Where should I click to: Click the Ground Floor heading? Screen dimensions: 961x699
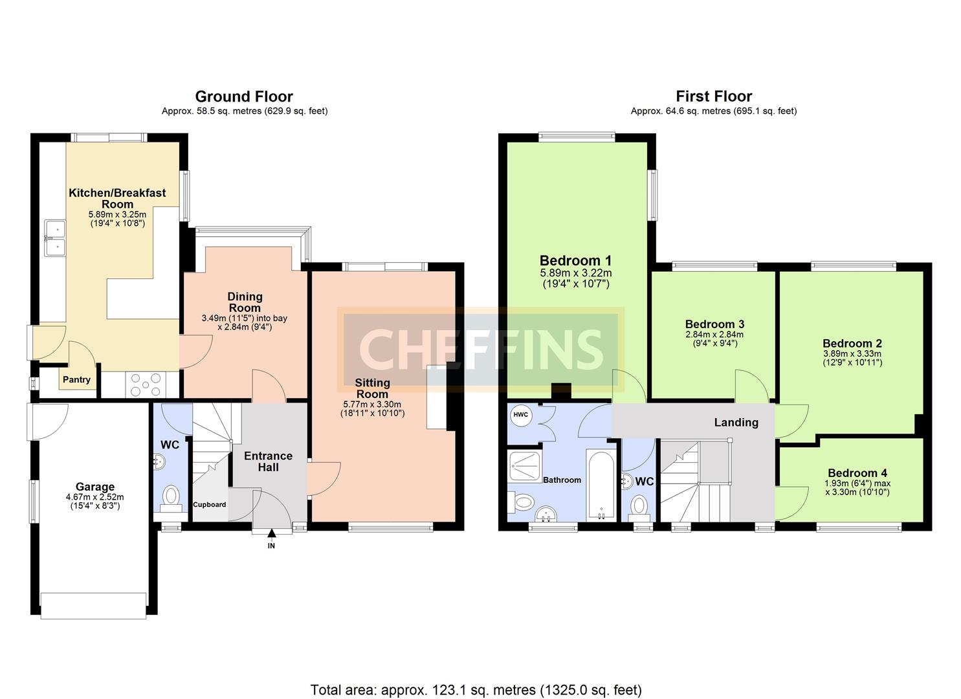coord(244,96)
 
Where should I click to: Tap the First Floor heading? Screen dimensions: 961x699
coord(714,96)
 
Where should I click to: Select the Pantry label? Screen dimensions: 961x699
coord(76,379)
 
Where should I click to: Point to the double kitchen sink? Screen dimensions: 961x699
coord(56,238)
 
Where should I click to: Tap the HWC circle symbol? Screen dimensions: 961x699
coord(521,415)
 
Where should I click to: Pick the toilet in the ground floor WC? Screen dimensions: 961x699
coord(171,500)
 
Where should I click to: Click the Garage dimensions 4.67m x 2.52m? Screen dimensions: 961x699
coord(95,497)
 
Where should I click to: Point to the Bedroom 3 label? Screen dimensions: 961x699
coord(714,324)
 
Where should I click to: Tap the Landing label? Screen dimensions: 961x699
coord(736,423)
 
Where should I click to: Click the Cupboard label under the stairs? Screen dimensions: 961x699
coord(210,505)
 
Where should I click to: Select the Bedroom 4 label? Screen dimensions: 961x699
coord(857,473)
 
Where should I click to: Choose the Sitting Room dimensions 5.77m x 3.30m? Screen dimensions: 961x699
coord(372,405)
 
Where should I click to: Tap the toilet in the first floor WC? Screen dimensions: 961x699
coord(639,505)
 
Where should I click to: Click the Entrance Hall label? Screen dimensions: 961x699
coord(268,461)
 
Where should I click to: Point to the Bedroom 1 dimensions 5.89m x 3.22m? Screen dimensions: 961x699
coord(576,273)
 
